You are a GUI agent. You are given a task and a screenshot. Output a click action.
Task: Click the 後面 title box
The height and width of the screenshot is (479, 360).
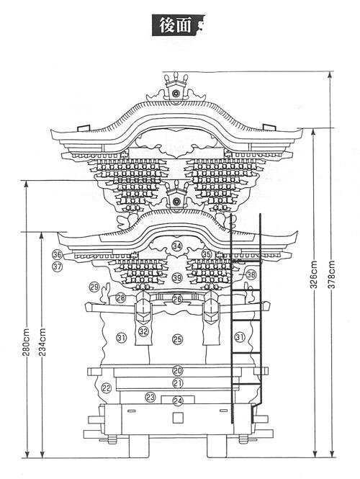(x=179, y=25)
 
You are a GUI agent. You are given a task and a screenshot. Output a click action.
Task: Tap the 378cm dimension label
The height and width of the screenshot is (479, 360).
(x=332, y=274)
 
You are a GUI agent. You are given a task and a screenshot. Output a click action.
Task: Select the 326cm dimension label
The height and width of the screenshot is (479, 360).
(x=314, y=274)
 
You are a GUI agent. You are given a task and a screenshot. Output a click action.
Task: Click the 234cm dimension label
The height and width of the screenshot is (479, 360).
(x=42, y=342)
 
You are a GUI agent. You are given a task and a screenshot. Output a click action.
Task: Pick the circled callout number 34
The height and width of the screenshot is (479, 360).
(x=177, y=246)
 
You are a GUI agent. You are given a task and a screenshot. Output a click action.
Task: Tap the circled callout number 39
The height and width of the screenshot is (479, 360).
(x=177, y=278)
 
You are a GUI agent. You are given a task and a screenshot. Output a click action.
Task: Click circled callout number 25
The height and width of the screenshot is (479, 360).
(x=178, y=339)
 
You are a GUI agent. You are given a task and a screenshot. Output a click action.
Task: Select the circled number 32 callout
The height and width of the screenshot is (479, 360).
(x=143, y=331)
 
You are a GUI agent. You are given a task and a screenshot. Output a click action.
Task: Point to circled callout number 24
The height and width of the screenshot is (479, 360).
(x=178, y=400)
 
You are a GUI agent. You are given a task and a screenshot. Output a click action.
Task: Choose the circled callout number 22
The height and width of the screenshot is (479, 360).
(x=107, y=388)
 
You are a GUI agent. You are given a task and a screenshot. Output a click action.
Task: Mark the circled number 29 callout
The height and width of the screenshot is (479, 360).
(x=94, y=287)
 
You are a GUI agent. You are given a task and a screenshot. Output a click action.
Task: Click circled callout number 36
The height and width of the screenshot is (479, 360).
(x=57, y=254)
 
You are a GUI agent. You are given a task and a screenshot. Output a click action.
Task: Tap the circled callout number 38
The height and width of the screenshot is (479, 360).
(x=251, y=274)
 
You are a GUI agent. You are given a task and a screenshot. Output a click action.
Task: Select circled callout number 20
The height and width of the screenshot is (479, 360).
(x=178, y=370)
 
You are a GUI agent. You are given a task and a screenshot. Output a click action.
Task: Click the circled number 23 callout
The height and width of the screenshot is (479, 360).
(x=150, y=397)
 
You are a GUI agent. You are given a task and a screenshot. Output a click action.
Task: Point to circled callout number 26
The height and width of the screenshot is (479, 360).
(x=177, y=300)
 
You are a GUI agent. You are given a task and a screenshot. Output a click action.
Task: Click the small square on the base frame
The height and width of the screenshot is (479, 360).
(x=178, y=418)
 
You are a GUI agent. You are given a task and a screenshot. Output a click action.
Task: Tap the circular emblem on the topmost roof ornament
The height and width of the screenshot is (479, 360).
(x=176, y=93)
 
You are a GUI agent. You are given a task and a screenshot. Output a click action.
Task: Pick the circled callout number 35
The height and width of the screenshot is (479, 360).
(x=207, y=254)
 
